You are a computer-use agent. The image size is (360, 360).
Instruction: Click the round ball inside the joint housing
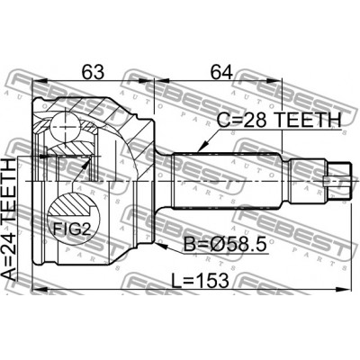tap(65, 121)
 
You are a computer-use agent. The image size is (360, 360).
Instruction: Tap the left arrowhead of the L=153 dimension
tap(35, 292)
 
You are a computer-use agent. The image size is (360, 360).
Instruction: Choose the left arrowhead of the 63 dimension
tap(35, 79)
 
